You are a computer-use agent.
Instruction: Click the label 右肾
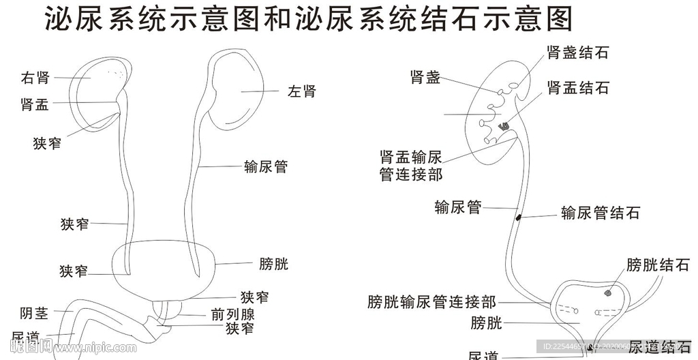[35, 78]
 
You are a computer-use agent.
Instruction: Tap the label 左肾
[302, 91]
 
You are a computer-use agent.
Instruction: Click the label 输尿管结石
[601, 213]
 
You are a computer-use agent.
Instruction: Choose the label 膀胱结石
[658, 265]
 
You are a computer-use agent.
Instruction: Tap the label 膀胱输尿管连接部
[431, 301]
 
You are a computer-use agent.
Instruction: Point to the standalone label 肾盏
[425, 78]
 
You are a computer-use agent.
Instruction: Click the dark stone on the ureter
[519, 217]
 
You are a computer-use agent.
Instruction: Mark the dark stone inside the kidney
[505, 125]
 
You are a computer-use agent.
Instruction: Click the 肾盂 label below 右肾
[35, 104]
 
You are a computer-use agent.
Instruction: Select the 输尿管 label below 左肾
[266, 166]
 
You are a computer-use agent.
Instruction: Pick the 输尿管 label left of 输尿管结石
[458, 207]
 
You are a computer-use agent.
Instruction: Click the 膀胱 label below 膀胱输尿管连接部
[486, 322]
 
